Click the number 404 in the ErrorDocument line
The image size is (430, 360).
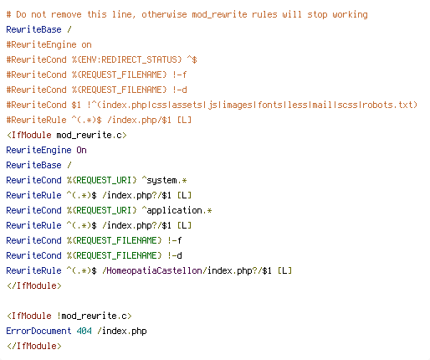click(x=84, y=331)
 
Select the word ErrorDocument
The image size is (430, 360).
click(x=38, y=331)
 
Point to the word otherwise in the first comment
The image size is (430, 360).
click(x=164, y=14)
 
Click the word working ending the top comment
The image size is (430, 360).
click(x=350, y=15)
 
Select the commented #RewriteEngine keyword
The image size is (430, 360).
click(x=42, y=45)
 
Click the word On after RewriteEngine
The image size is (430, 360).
click(x=81, y=150)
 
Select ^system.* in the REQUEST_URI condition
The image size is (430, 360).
click(x=164, y=181)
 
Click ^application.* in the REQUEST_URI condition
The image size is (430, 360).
click(x=177, y=211)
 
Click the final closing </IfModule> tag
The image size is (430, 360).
click(x=34, y=346)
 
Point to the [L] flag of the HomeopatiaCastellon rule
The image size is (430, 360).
click(x=284, y=270)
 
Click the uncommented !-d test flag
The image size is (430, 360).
click(x=175, y=255)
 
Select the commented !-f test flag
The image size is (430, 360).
click(x=179, y=75)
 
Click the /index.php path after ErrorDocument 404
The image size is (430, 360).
click(x=122, y=332)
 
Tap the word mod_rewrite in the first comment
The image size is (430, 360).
click(x=219, y=15)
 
